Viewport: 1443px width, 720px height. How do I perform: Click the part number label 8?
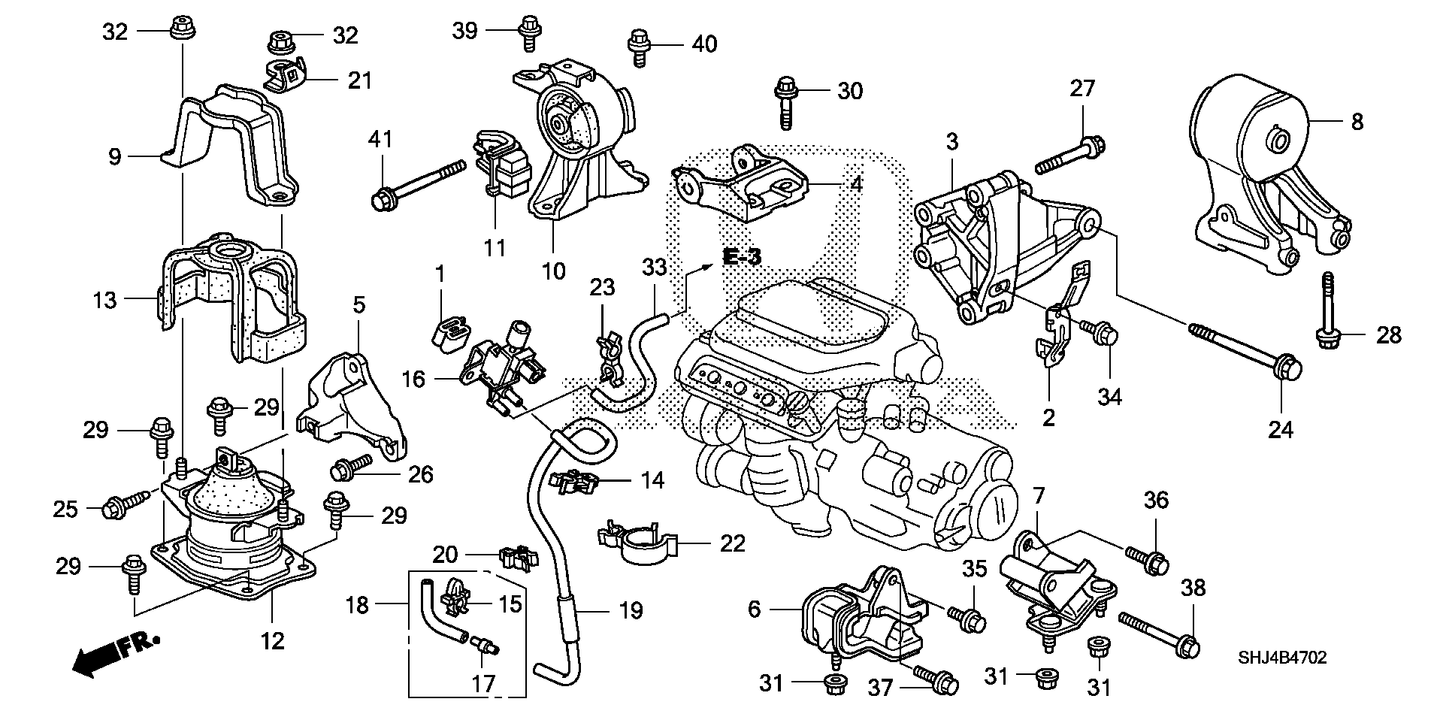click(x=1357, y=122)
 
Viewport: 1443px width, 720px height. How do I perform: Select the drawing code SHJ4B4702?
click(x=1282, y=658)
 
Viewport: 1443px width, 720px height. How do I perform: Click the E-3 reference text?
click(x=743, y=257)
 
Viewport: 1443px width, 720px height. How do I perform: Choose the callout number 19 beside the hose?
click(x=631, y=610)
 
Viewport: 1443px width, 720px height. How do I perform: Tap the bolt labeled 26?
click(x=350, y=467)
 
